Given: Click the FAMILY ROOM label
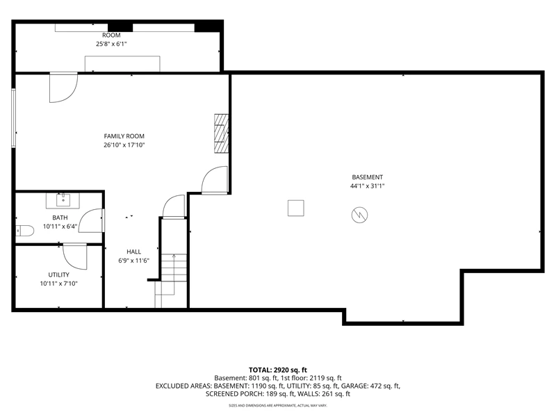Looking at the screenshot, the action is [x=124, y=136].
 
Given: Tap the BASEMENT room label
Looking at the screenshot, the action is [x=368, y=177].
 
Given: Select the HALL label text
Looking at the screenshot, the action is [x=133, y=252].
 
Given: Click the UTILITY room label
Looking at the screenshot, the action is [x=59, y=275].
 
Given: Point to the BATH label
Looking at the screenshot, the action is [x=60, y=218].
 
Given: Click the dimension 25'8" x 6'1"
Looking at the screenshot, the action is [x=111, y=44].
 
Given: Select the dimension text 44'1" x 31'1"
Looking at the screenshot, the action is [x=368, y=186].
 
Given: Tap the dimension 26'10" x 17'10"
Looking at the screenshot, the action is [x=124, y=145].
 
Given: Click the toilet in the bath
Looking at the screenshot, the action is [x=24, y=231].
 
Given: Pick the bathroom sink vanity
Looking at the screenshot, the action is [x=63, y=201].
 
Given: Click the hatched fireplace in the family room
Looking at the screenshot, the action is [x=221, y=133].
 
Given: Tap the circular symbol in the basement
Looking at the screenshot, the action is [x=359, y=215].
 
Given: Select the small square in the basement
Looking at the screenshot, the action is [x=296, y=208].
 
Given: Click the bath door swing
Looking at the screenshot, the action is [x=91, y=220].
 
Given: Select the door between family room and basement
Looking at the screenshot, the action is [x=215, y=180].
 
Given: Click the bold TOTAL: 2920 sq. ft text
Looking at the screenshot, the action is [x=277, y=370].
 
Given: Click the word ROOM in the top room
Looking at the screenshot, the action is [x=111, y=35].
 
